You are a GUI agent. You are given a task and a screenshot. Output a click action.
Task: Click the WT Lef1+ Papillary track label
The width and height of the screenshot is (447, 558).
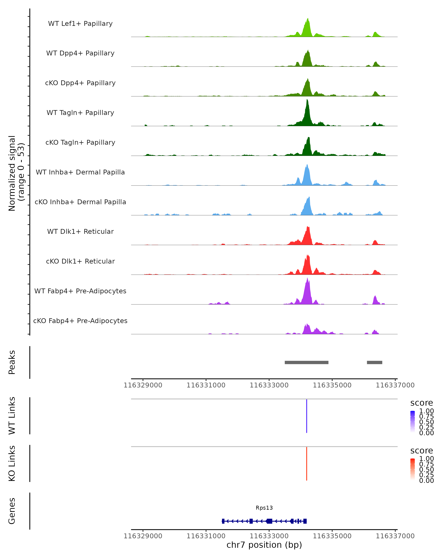80,24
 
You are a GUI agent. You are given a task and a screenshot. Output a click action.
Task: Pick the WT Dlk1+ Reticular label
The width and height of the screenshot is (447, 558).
80,231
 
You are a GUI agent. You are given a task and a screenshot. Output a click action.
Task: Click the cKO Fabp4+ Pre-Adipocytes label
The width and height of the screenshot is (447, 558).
80,321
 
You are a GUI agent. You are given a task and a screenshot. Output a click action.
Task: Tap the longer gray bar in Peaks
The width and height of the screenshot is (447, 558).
307,362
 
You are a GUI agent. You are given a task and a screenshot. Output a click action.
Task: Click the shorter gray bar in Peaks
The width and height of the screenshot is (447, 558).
374,362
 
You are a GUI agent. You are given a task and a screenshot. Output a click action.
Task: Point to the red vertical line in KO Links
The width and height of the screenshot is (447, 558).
307,464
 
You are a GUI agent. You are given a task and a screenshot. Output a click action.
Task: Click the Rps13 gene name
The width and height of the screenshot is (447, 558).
264,508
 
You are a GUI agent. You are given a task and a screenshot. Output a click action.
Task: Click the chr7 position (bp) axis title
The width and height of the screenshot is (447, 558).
264,545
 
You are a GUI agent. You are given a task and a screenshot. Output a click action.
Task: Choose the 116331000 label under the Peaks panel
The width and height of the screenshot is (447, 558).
206,385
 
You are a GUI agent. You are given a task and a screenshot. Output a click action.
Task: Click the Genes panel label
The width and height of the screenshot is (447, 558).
12,511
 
